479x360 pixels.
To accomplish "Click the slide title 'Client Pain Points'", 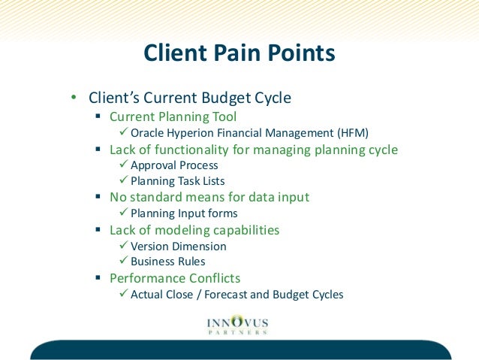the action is (239, 53).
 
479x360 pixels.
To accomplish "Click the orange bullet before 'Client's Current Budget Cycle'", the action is (73, 98).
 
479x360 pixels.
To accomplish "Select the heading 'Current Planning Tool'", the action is (173, 116).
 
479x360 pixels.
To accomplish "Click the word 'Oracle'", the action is (147, 133).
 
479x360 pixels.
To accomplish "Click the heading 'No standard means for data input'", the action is (209, 197).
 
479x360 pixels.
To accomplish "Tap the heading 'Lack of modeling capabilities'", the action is (194, 230).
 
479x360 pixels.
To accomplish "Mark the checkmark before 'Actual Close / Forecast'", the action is (124, 294).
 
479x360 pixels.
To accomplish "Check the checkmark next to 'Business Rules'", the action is (124, 262).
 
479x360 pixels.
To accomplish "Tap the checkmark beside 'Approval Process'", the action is (124, 165).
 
